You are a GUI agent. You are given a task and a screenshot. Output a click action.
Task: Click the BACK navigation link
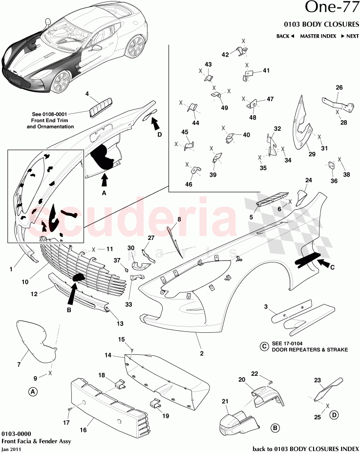coord(285,36)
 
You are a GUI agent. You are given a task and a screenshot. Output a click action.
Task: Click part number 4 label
coord(87,93)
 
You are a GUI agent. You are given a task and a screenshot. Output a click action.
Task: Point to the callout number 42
coord(225,55)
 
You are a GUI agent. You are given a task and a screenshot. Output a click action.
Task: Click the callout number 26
coord(339,87)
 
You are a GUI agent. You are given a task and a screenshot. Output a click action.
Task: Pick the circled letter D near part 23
coord(334,415)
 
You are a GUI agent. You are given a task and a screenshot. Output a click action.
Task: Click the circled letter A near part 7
coord(33,391)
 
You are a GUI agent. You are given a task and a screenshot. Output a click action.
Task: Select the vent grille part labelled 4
coord(101,106)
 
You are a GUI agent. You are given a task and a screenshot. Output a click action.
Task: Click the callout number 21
coord(225,402)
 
